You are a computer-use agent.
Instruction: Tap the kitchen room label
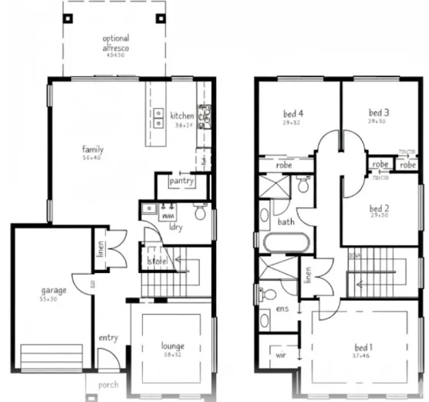pyautogui.click(x=183, y=116)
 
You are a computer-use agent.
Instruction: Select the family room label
pyautogui.click(x=93, y=150)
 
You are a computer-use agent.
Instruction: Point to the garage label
pyautogui.click(x=53, y=290)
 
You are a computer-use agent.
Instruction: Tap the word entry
pyautogui.click(x=108, y=337)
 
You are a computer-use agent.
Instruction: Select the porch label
pyautogui.click(x=107, y=384)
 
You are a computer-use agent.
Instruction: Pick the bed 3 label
pyautogui.click(x=377, y=112)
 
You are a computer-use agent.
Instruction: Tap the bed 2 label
pyautogui.click(x=377, y=208)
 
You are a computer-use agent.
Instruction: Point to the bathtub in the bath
pyautogui.click(x=285, y=242)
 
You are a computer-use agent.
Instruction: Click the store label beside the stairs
pyautogui.click(x=158, y=262)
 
